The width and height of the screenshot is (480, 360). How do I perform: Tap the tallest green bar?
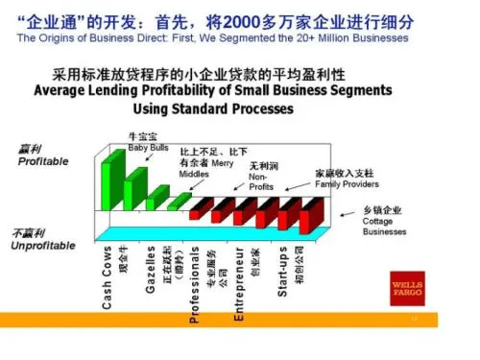[x=112, y=173]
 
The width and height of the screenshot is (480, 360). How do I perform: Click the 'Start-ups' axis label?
[x=283, y=272]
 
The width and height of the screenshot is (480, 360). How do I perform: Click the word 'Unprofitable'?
[x=42, y=246]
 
